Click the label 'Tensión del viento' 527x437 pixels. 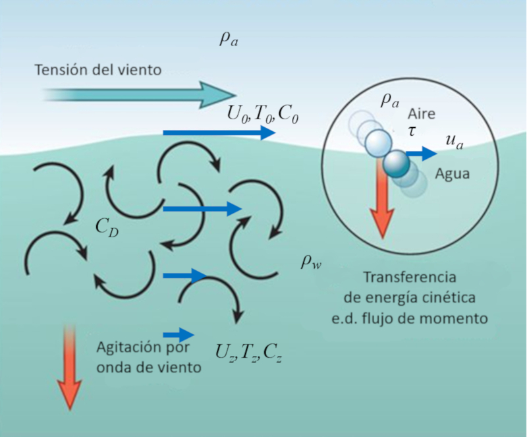pyautogui.click(x=98, y=69)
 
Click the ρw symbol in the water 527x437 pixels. pyautogui.click(x=310, y=261)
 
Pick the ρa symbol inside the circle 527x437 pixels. pyautogui.click(x=389, y=101)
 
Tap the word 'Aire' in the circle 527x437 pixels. pyautogui.click(x=422, y=113)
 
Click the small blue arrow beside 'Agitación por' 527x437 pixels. pyautogui.click(x=179, y=335)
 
